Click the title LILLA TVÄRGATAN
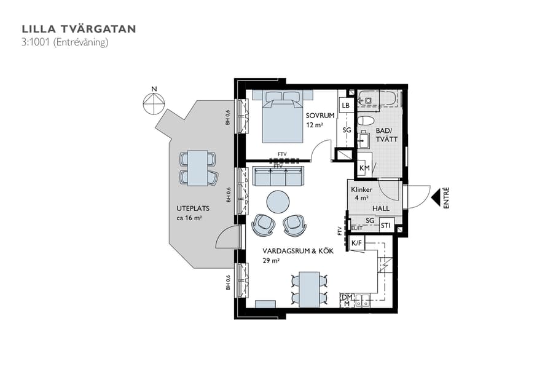coord(79,29)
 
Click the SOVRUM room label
coord(320,116)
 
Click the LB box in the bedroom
coord(346,106)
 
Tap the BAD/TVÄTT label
coord(386,135)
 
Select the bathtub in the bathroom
coord(380,98)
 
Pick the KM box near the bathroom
coord(364,168)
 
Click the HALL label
coord(381,209)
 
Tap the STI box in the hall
coord(385,226)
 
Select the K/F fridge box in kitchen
coord(356,244)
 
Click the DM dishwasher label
coord(347,296)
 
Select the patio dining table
coord(198,168)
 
